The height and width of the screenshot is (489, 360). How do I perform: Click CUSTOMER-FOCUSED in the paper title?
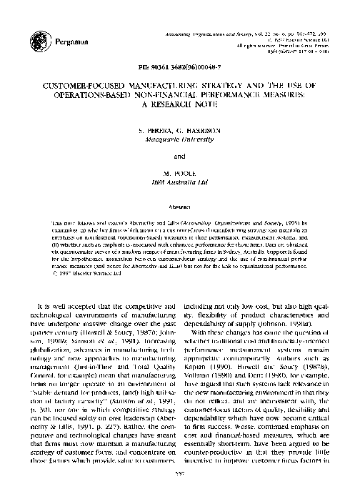click(99, 82)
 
